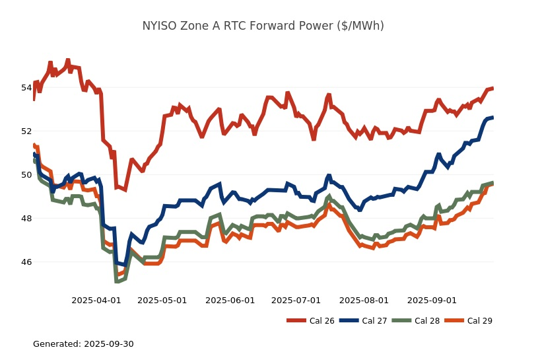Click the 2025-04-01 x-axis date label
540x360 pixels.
(96, 300)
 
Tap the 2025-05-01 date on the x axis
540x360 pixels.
(162, 300)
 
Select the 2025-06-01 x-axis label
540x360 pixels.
(230, 300)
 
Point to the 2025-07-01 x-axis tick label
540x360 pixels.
(296, 300)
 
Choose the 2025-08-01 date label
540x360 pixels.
(364, 300)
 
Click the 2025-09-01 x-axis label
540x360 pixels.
(432, 300)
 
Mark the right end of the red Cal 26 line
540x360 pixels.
(493, 89)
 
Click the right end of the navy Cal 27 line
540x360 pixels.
(493, 117)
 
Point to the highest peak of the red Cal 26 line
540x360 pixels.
(68, 59)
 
